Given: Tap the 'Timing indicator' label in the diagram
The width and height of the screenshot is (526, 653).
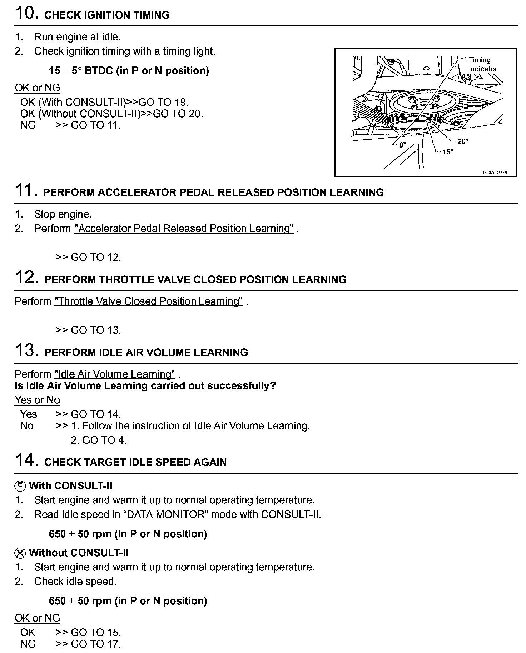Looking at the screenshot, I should click(x=482, y=64).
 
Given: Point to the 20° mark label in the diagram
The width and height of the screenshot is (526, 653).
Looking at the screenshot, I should click(x=463, y=141).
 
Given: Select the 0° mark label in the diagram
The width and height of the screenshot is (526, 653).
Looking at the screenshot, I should click(x=403, y=145).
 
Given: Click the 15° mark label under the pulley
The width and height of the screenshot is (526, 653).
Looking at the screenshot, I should click(x=447, y=152).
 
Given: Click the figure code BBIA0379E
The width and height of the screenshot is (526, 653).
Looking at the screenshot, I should click(x=495, y=173).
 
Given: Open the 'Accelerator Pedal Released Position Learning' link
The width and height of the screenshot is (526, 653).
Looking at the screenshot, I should click(x=184, y=229).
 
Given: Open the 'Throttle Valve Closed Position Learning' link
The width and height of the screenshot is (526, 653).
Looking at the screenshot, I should click(x=148, y=301).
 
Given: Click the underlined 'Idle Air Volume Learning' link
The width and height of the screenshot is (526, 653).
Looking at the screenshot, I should click(x=114, y=374).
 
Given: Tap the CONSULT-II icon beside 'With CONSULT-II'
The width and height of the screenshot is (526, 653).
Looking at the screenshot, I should click(x=20, y=486).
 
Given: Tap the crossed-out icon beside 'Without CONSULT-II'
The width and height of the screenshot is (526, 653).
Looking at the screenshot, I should click(x=20, y=553).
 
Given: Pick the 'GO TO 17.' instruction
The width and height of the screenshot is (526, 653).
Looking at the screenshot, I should click(x=96, y=644).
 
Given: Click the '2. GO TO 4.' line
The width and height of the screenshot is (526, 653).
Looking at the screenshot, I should click(x=99, y=440).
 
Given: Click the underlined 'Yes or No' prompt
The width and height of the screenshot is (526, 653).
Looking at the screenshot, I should click(x=37, y=400).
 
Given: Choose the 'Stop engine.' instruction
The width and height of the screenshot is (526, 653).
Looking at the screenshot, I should click(x=63, y=214).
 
